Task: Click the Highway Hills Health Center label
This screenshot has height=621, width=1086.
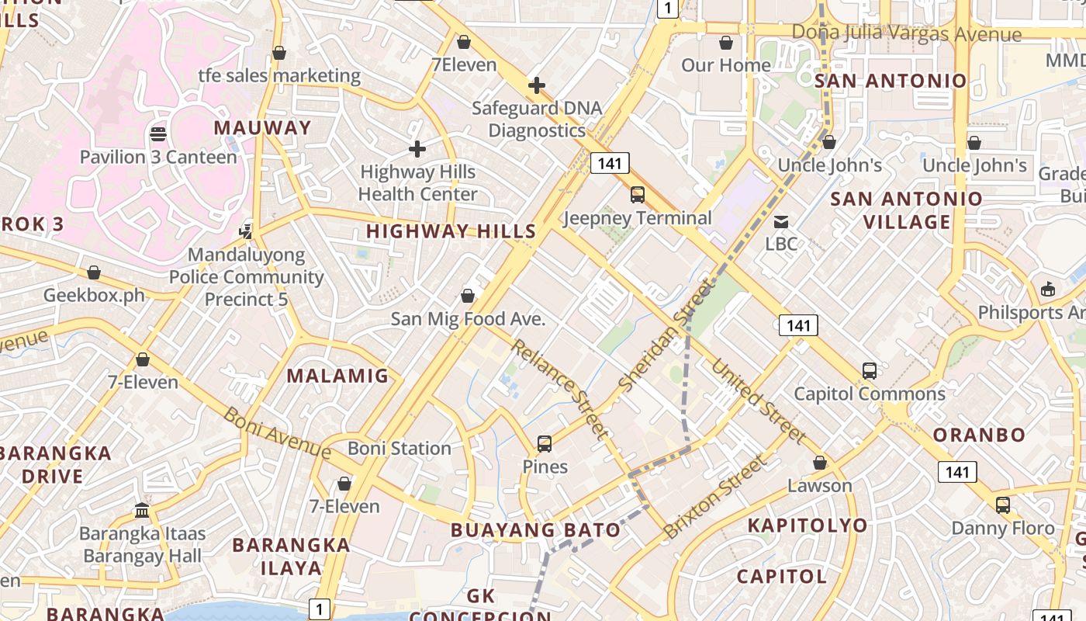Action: [417, 183]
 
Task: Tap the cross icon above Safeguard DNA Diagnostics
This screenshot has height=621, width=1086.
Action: [536, 85]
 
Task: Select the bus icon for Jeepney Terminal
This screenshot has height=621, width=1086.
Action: [638, 195]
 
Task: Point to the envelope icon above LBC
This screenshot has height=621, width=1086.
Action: [781, 222]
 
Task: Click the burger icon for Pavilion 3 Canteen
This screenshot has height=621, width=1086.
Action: [158, 134]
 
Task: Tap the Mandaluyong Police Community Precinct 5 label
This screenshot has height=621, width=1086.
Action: [246, 277]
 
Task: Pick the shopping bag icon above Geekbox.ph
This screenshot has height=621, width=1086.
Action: [94, 272]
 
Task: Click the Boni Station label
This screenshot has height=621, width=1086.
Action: [399, 449]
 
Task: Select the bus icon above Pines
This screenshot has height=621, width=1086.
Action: [545, 444]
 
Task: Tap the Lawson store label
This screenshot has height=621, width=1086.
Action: [819, 486]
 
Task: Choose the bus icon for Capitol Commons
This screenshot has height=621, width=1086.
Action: [870, 371]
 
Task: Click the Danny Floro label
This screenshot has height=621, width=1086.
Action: [1003, 529]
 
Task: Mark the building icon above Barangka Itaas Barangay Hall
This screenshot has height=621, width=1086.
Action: [142, 510]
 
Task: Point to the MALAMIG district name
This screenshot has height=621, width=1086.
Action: [337, 376]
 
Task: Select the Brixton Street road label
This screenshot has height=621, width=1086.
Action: [714, 498]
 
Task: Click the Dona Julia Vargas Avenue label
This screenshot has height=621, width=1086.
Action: [906, 33]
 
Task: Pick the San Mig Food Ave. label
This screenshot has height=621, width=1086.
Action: [468, 319]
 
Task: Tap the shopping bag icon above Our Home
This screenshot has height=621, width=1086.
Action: [726, 43]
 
